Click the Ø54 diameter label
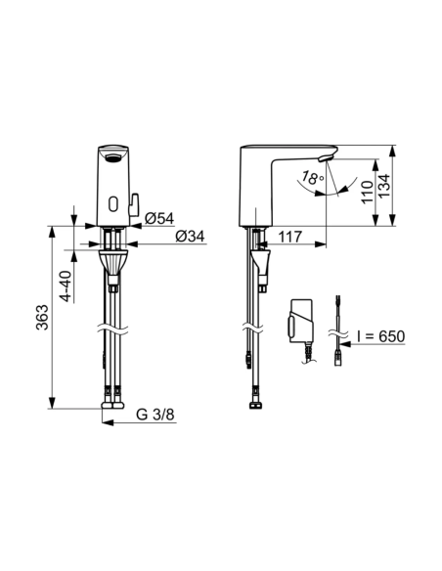coord(159,218)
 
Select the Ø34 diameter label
coord(190,237)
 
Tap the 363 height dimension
coord(42,317)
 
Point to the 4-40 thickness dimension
coord(66,285)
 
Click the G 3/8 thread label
coord(155,415)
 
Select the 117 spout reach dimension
coord(290,237)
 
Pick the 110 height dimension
coord(368,192)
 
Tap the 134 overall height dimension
coord(383,186)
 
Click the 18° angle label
coord(312,177)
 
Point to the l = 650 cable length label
coord(380,336)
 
